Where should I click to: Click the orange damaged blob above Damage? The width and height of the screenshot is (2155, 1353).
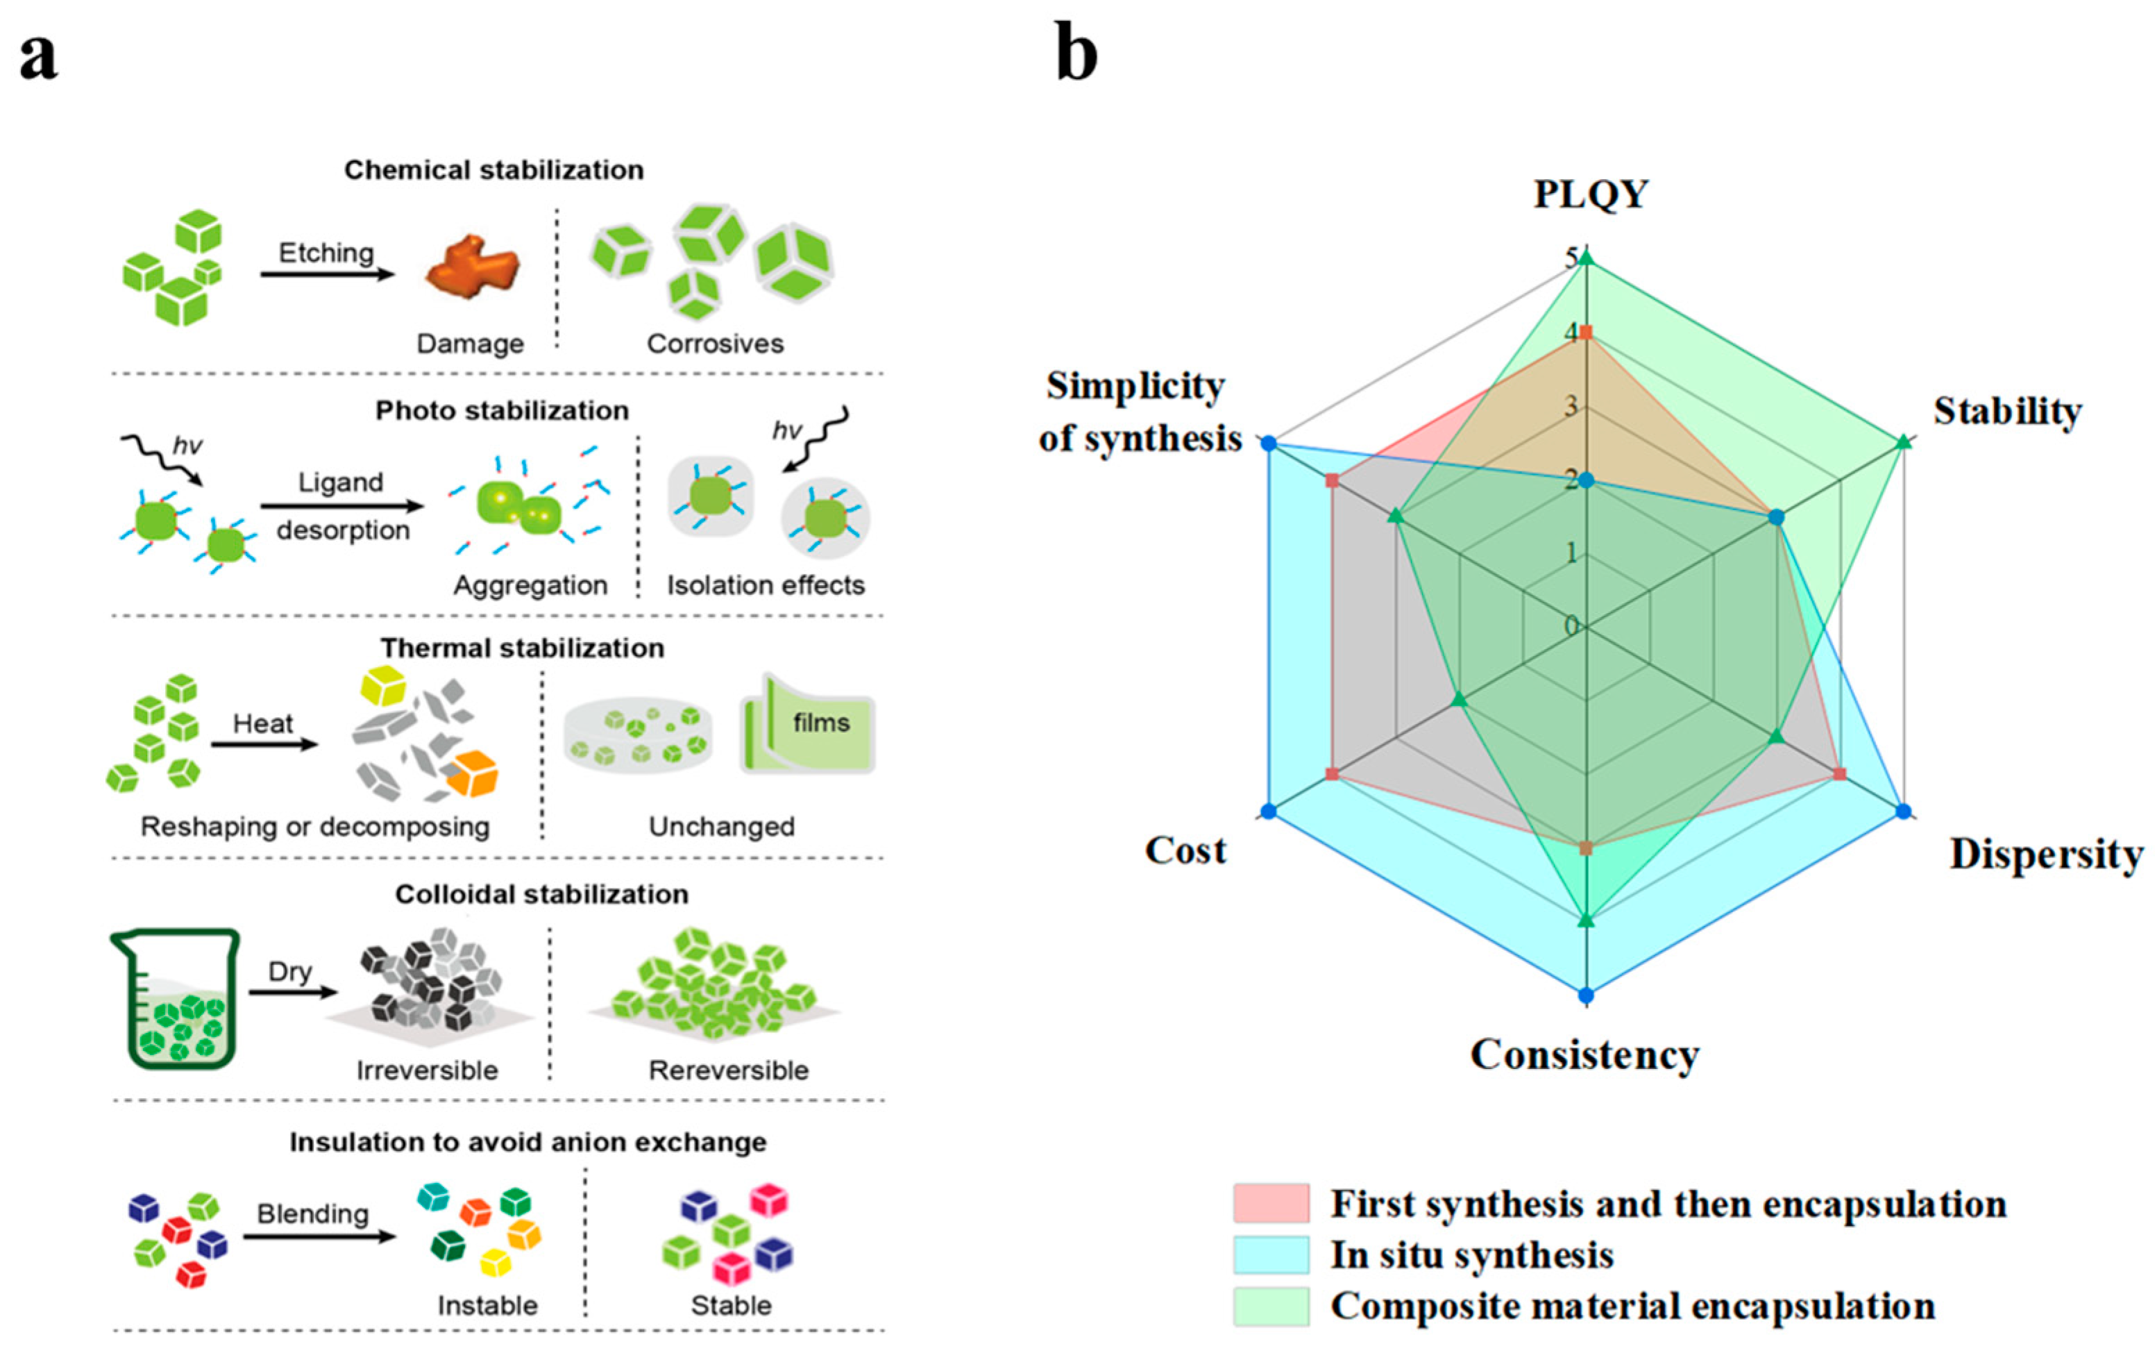pos(471,267)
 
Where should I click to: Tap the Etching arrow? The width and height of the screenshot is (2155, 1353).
pos(326,273)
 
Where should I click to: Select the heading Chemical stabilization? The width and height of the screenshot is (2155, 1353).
pos(493,170)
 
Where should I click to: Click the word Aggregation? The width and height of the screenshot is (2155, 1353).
pos(530,585)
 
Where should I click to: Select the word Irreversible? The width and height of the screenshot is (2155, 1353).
pos(427,1070)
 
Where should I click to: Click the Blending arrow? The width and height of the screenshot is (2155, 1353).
pos(318,1236)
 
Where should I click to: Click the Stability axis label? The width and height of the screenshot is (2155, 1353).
pos(2007,412)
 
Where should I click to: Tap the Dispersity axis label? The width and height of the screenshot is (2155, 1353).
pos(2047,854)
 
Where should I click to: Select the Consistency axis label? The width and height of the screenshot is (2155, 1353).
pos(1584,1055)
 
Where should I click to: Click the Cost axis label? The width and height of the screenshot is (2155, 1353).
pos(1185,850)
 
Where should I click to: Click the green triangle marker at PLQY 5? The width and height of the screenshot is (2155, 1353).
pos(1586,260)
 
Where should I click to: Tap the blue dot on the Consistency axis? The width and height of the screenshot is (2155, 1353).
pos(1586,995)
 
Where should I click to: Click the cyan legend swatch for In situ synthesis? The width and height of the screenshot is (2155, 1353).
pos(1270,1254)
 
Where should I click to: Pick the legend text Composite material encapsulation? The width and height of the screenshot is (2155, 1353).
pos(1632,1306)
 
